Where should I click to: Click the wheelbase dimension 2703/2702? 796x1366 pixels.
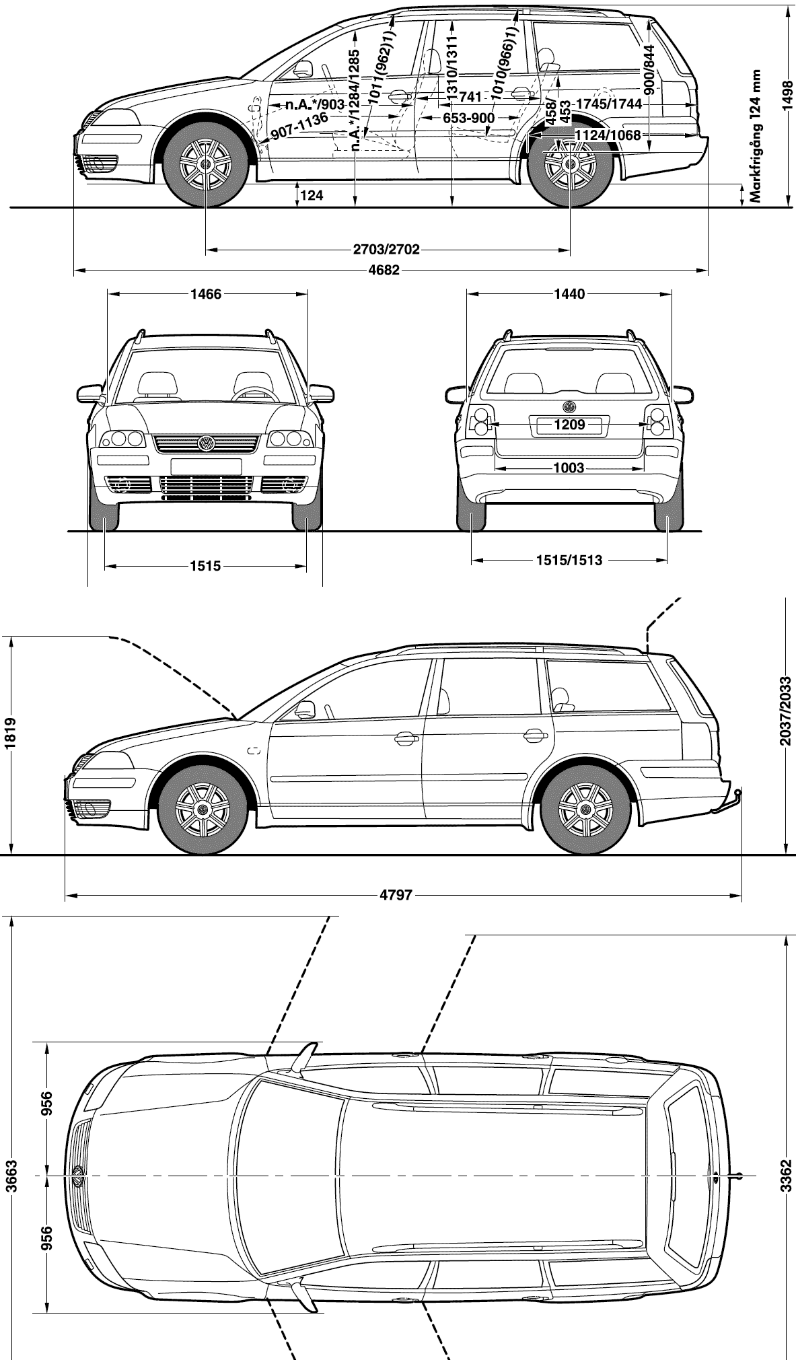pos(386,250)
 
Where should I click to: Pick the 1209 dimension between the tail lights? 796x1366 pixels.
pos(569,425)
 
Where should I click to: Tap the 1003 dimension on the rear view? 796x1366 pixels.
pos(569,468)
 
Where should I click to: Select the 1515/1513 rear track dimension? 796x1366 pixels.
pos(569,559)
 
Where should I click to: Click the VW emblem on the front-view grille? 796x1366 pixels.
pos(206,443)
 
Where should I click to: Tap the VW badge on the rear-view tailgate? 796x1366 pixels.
pos(569,407)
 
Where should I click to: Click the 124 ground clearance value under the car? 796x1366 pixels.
pos(312,196)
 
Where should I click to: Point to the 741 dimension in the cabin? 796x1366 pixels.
pos(470,98)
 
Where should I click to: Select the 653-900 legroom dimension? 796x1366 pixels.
pos(468,118)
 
